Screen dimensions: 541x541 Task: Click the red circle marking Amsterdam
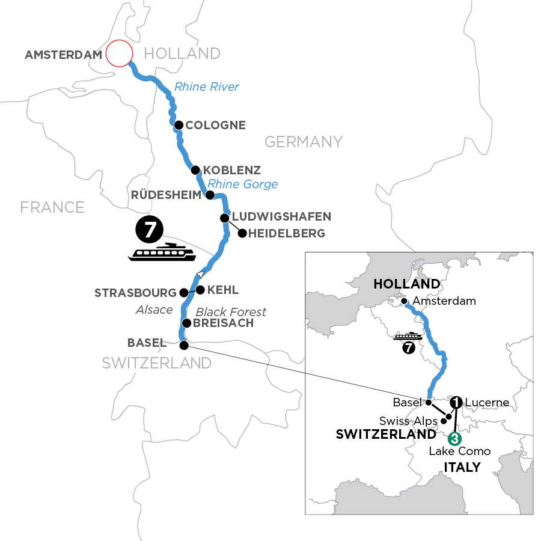tap(118, 53)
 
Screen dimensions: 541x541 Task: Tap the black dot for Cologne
tap(179, 125)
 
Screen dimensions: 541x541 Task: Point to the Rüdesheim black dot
tap(210, 195)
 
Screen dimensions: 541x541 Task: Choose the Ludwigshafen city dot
tap(224, 218)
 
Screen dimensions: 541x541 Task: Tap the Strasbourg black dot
tap(184, 293)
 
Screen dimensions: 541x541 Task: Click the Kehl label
tap(222, 290)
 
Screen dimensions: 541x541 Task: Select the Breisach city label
tap(223, 323)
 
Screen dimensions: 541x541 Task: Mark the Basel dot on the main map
tap(184, 346)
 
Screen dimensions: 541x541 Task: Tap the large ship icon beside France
tap(162, 253)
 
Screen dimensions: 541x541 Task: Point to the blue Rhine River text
tap(206, 87)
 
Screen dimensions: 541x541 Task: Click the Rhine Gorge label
tap(242, 184)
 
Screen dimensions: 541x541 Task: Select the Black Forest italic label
tap(231, 311)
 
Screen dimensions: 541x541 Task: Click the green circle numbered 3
tap(455, 438)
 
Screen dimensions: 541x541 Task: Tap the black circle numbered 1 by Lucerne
tap(456, 402)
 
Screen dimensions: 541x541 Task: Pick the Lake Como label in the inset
tap(460, 451)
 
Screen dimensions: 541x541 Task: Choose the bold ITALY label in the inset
tap(462, 467)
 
